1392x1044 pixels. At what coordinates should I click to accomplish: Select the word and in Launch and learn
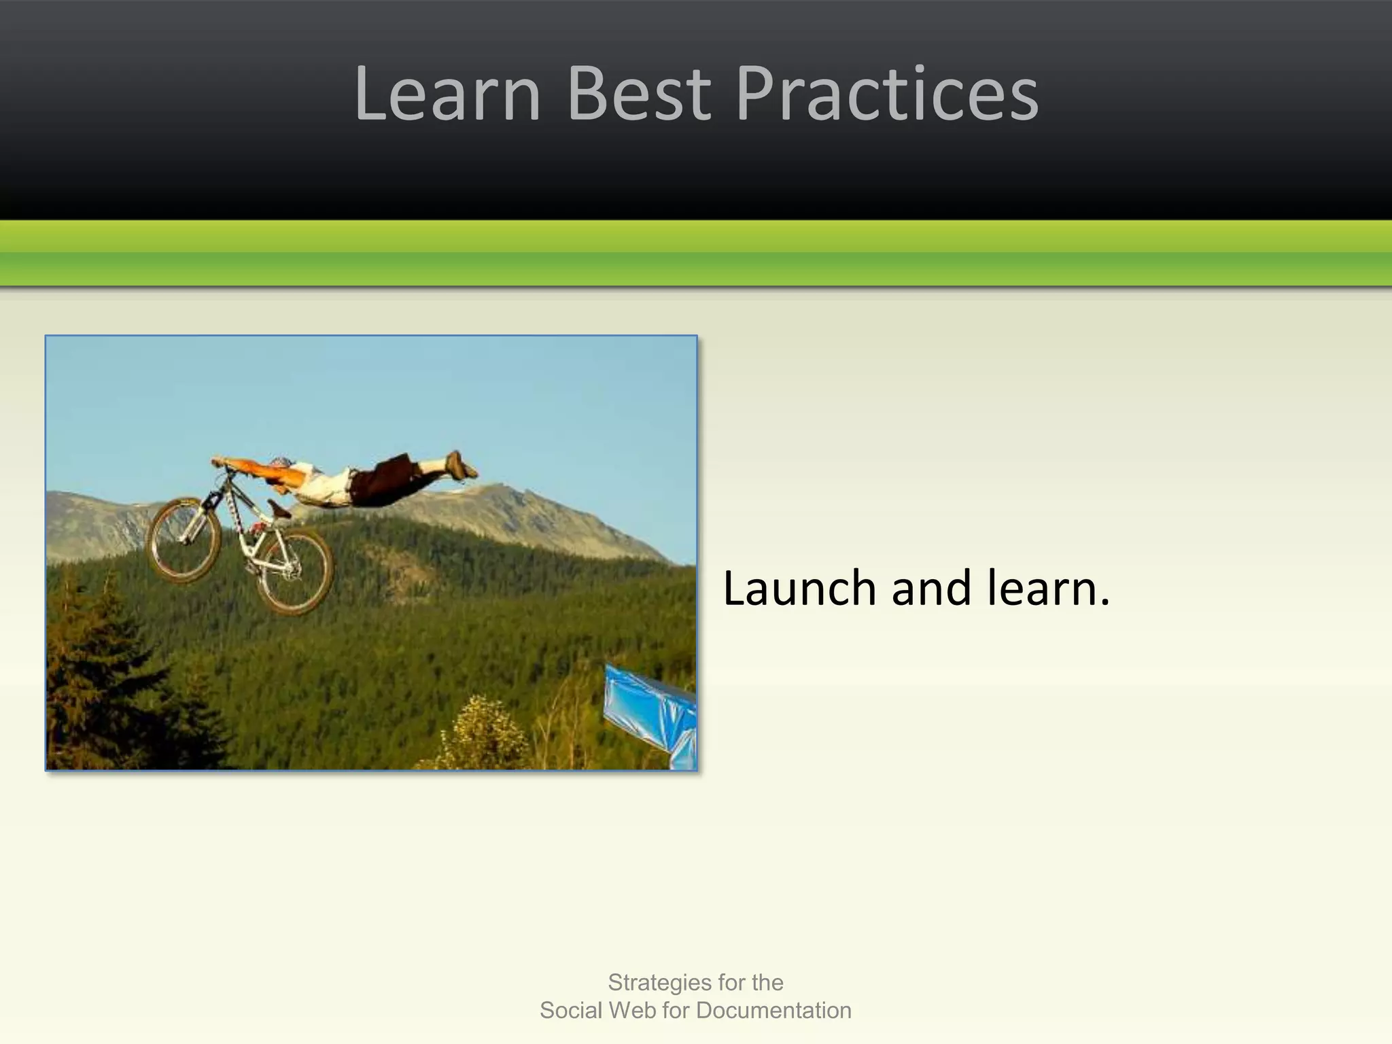930,588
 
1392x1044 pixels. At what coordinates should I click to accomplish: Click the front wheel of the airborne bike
184,540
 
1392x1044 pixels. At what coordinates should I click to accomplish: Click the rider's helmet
280,464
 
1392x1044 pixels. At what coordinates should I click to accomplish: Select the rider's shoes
462,465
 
